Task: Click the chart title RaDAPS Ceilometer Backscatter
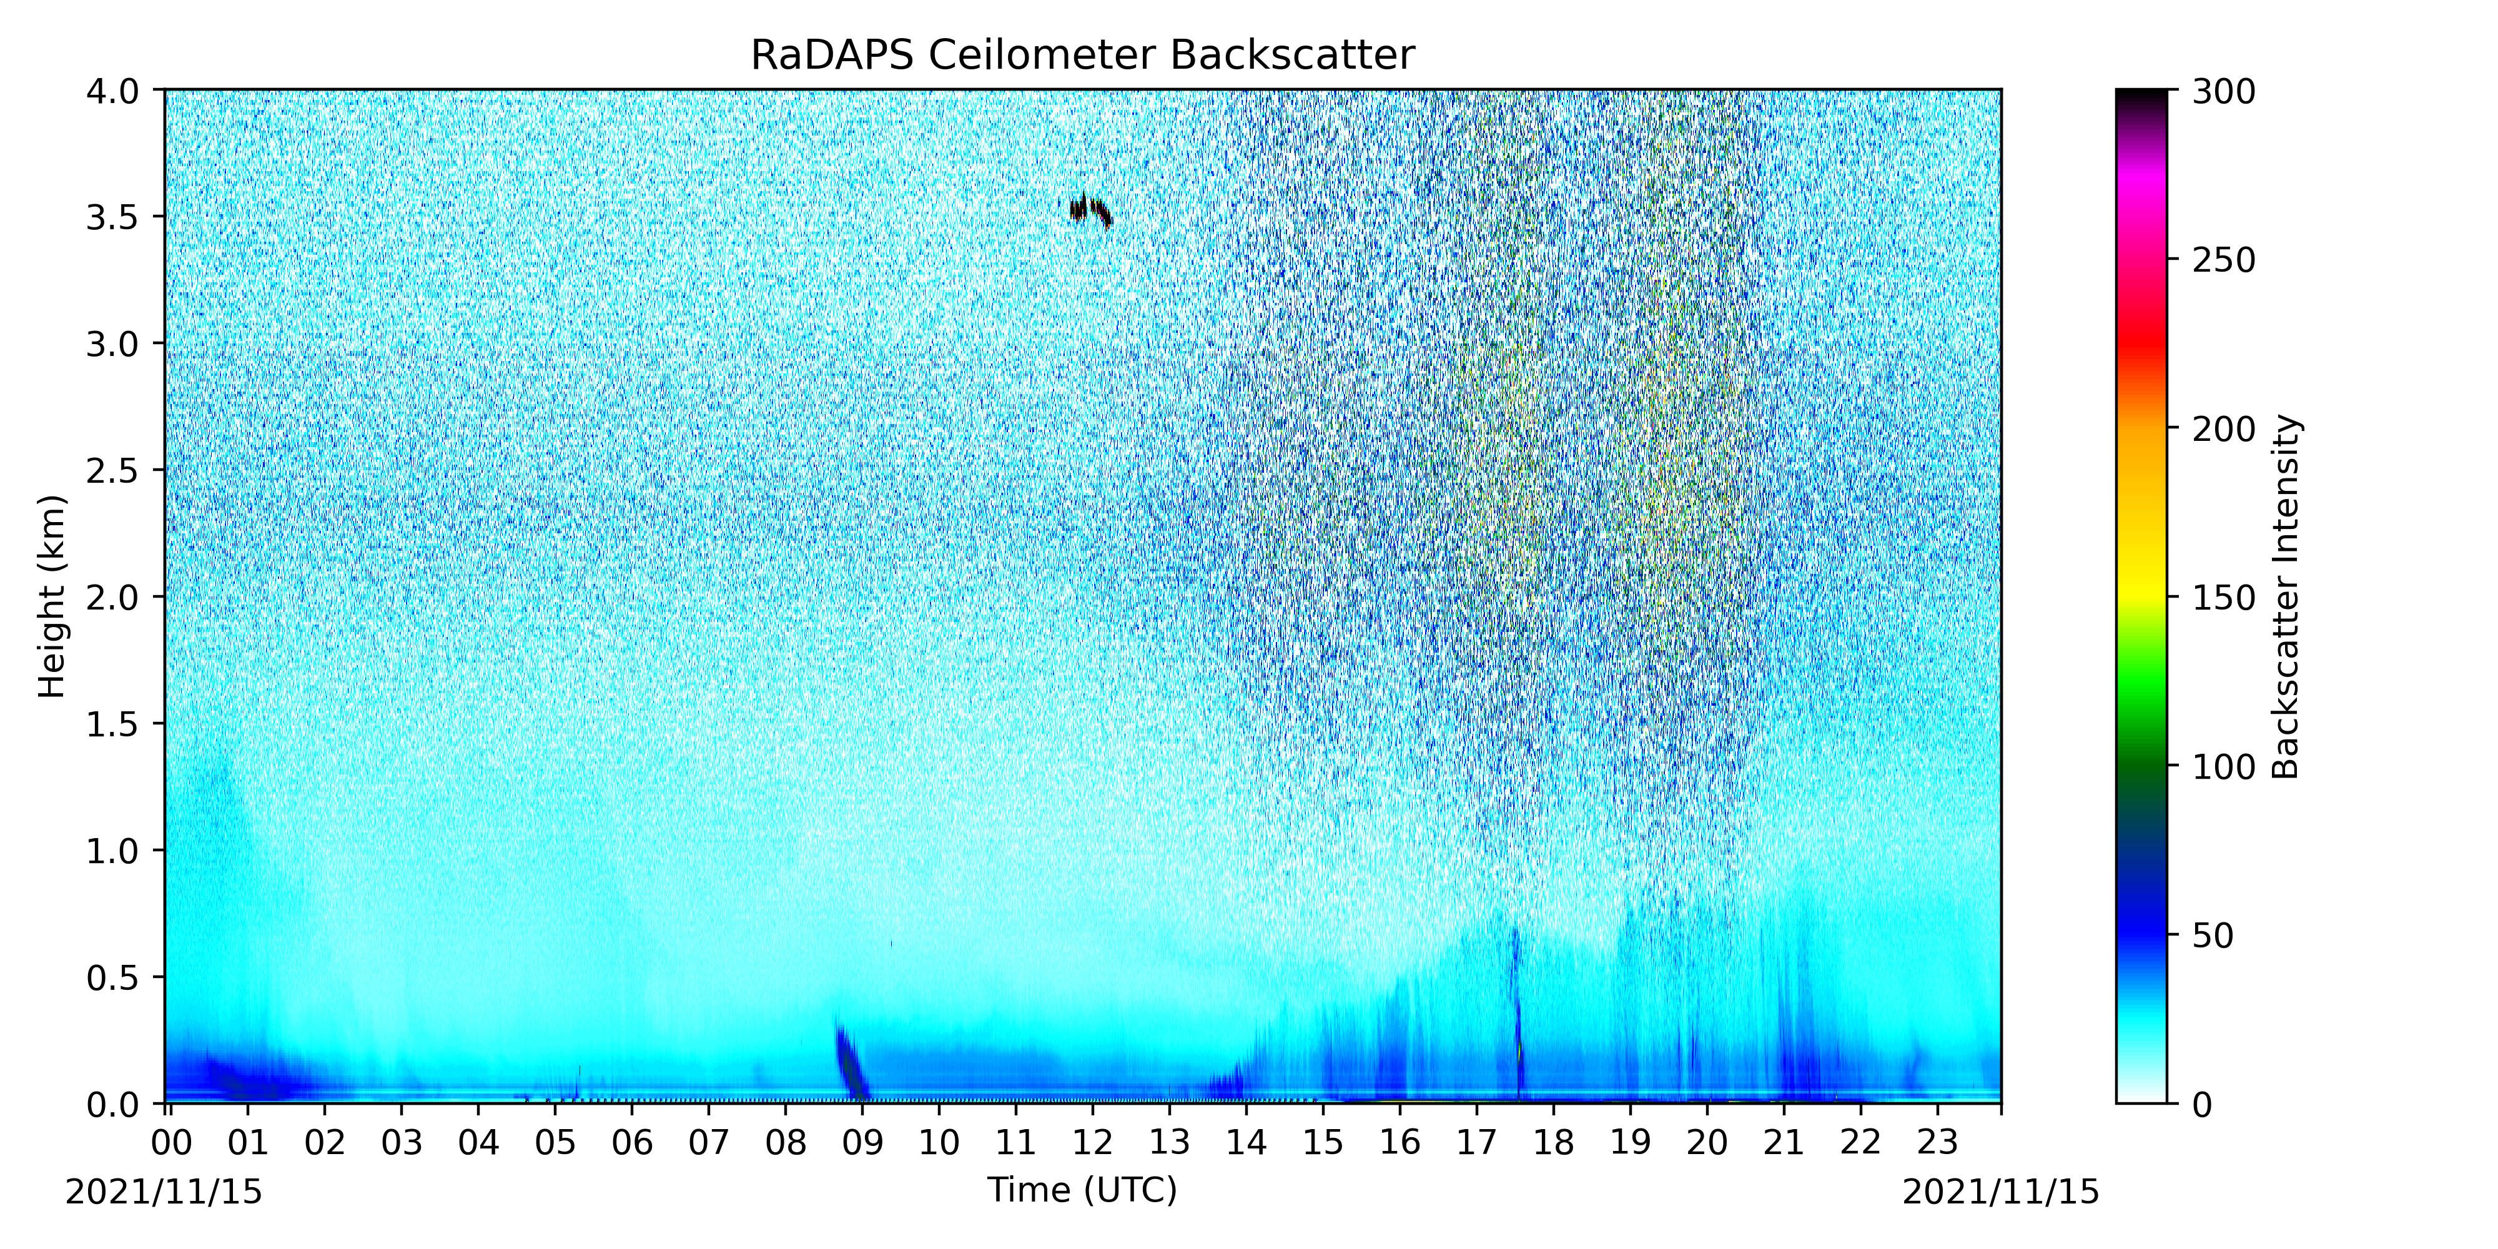[x=1082, y=56]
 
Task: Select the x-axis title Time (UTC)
[x=1082, y=1190]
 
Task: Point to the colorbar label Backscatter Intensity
[x=2286, y=596]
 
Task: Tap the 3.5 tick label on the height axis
[x=112, y=217]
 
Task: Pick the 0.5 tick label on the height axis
[x=112, y=977]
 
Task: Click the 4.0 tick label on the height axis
[x=112, y=91]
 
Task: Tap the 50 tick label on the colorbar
[x=2213, y=936]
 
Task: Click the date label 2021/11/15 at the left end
[x=164, y=1192]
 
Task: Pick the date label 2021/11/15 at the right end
[x=2000, y=1192]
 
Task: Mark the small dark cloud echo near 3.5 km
[x=1090, y=209]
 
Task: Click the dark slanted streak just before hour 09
[x=851, y=1061]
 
